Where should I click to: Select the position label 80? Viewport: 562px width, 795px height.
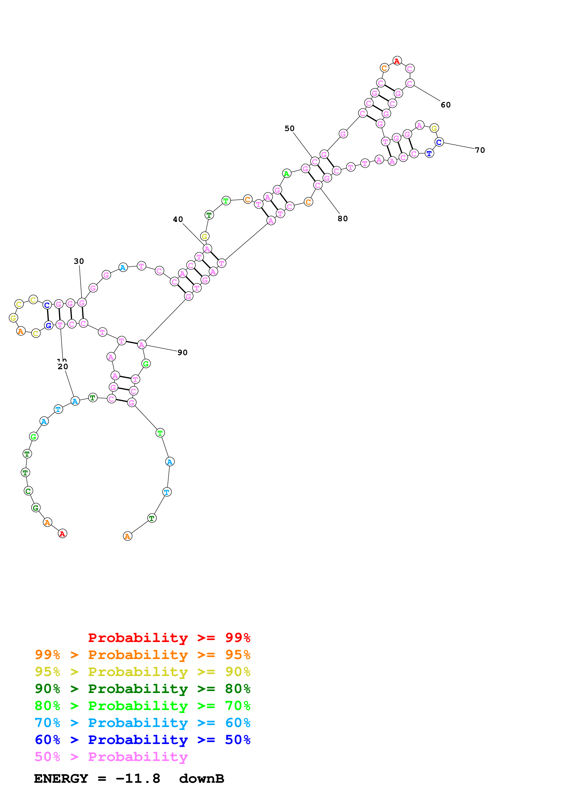click(343, 218)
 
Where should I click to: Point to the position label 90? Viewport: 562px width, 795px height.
click(182, 352)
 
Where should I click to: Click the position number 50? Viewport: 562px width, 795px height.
click(290, 128)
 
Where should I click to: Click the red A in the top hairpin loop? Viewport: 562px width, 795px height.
click(397, 61)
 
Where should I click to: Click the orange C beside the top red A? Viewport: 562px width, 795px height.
click(384, 68)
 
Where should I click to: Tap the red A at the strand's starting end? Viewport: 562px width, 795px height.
click(62, 533)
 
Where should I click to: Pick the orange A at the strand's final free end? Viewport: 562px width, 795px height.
click(127, 536)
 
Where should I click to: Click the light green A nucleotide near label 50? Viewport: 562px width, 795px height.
click(286, 174)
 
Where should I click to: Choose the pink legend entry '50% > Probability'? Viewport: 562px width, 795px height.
click(111, 757)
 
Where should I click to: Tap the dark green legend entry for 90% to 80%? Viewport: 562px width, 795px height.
click(142, 689)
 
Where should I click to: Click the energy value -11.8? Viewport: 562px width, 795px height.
click(138, 779)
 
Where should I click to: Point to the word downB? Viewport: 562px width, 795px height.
click(202, 779)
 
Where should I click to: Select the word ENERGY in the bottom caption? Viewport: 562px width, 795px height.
click(61, 779)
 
